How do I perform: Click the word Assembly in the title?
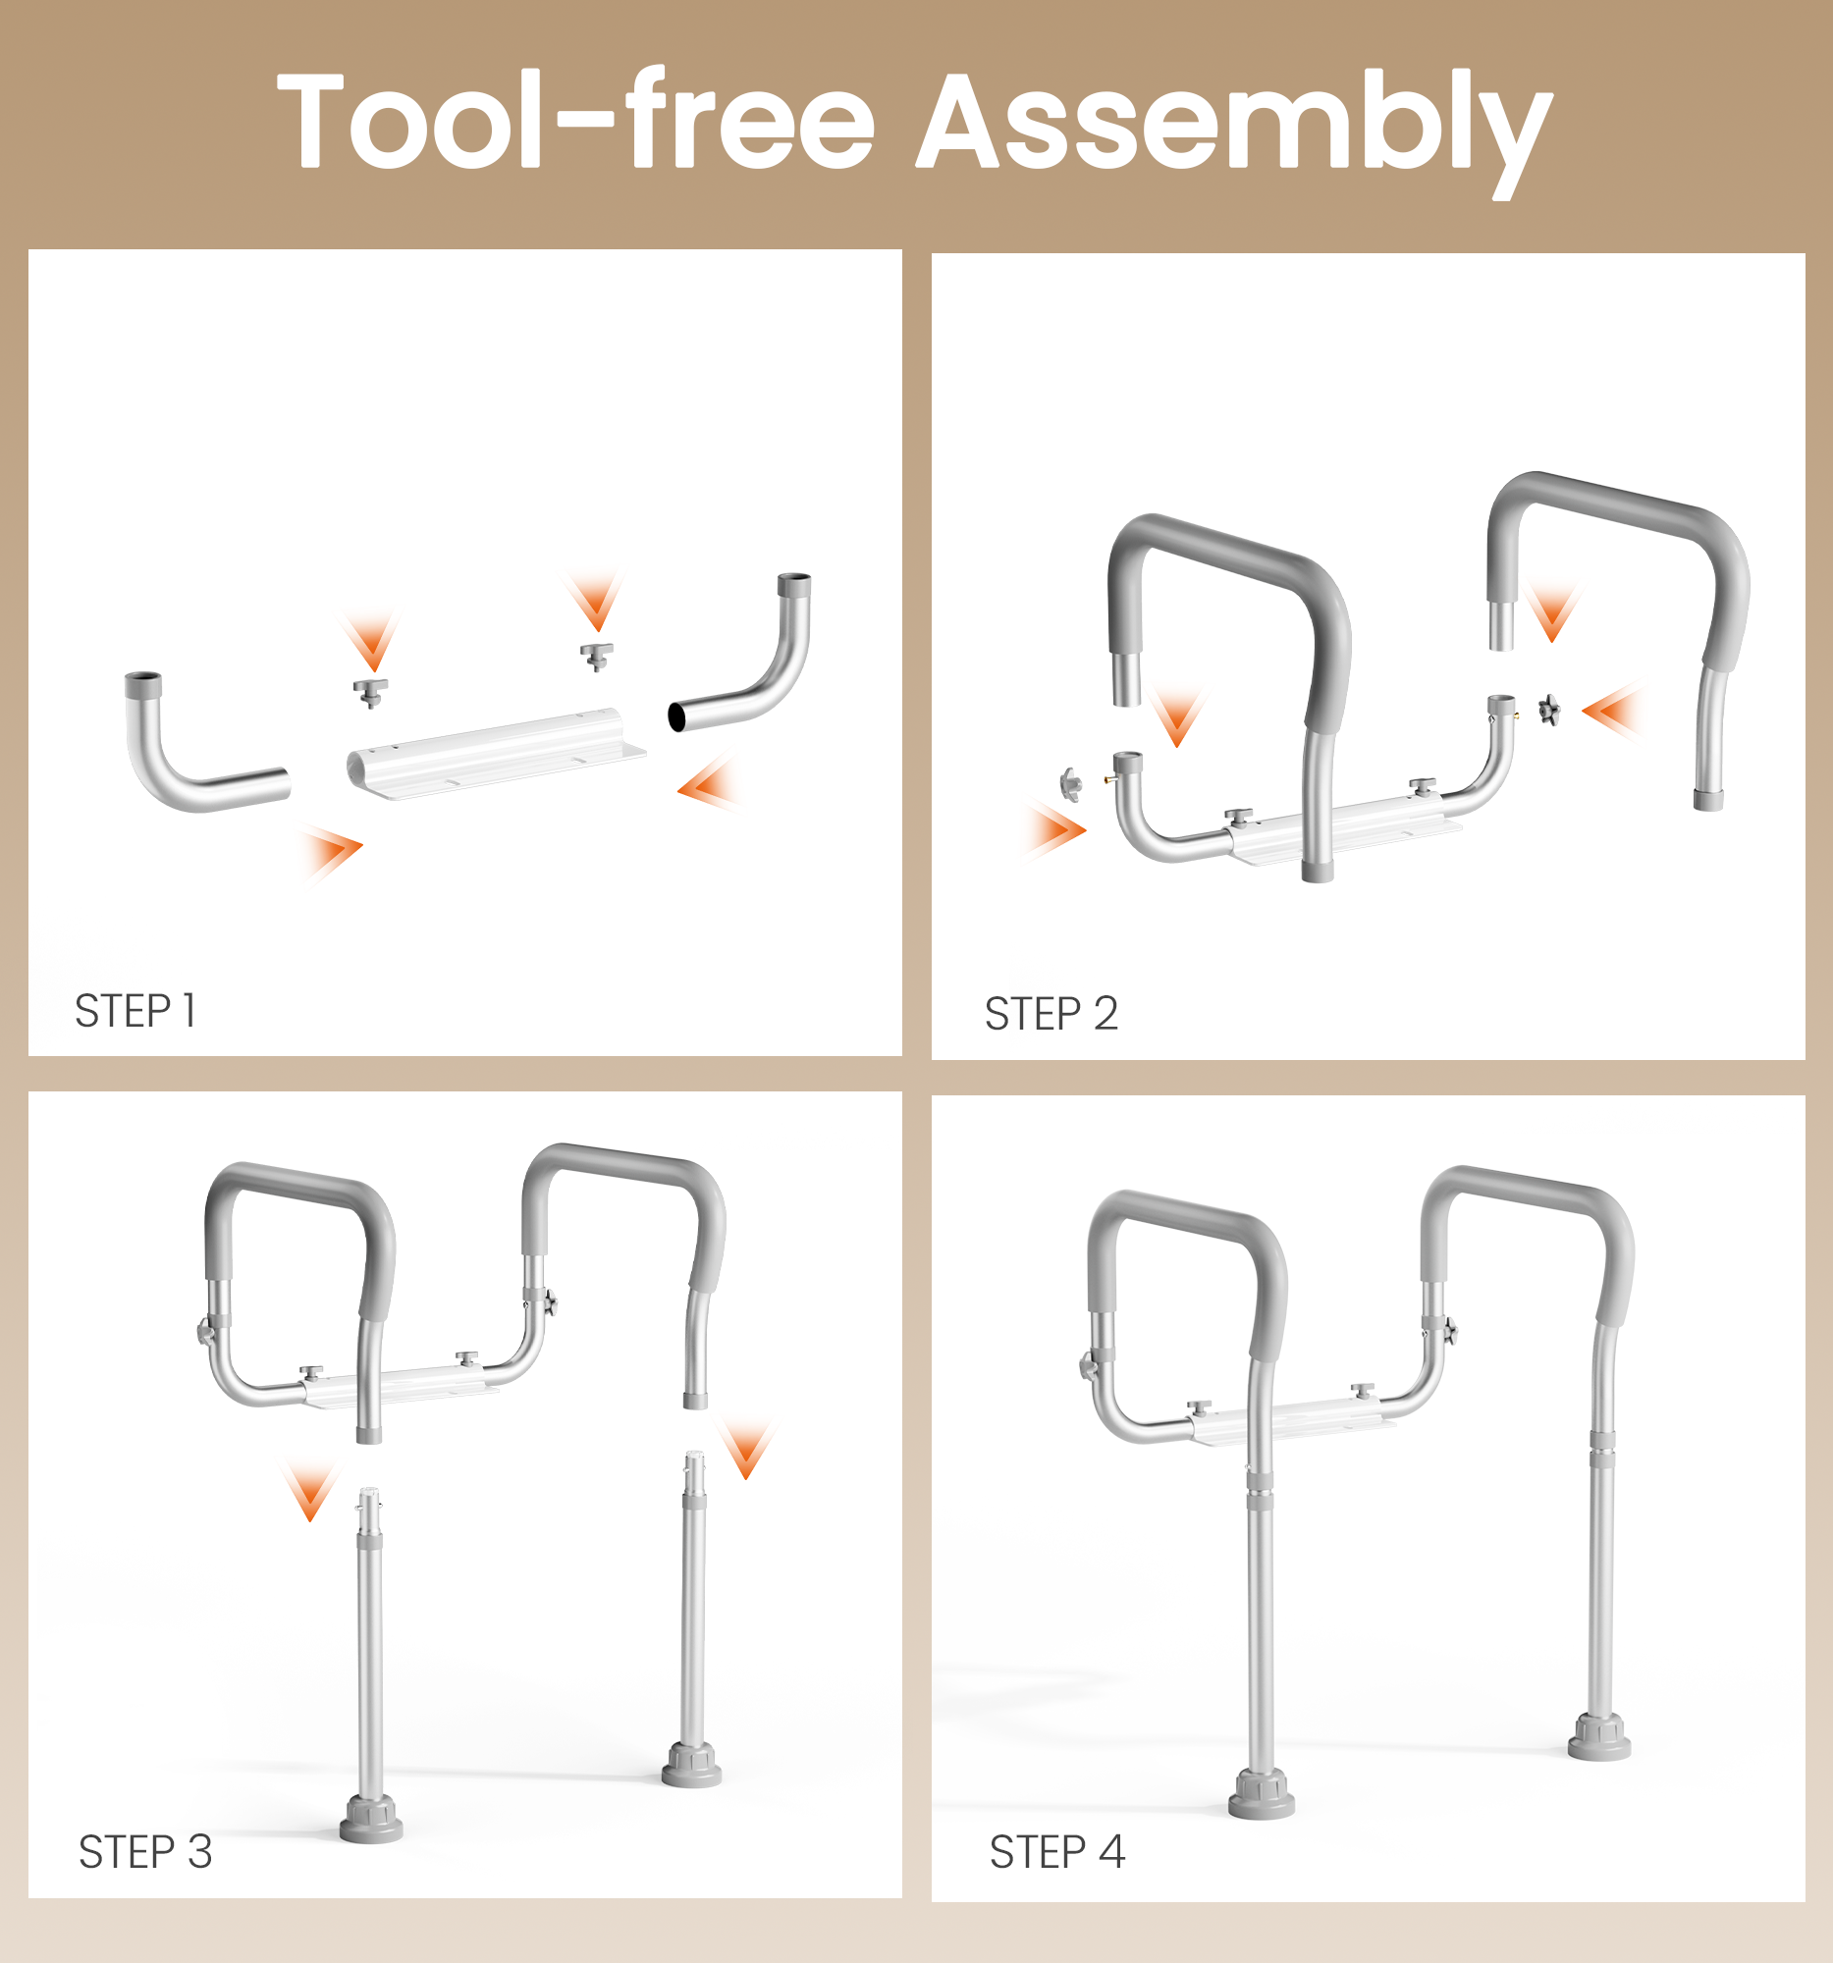1234,124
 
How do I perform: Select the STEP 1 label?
135,1011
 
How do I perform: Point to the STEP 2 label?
1051,1014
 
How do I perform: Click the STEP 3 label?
145,1851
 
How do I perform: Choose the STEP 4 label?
1056,1851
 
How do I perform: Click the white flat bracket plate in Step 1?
494,756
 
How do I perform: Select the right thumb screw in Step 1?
597,655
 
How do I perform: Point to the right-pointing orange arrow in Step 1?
334,849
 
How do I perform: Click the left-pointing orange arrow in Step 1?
709,785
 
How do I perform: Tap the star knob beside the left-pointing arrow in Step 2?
1548,709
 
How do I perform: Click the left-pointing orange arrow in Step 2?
1611,710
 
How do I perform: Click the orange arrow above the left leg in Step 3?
311,1491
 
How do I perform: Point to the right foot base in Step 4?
1599,1738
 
